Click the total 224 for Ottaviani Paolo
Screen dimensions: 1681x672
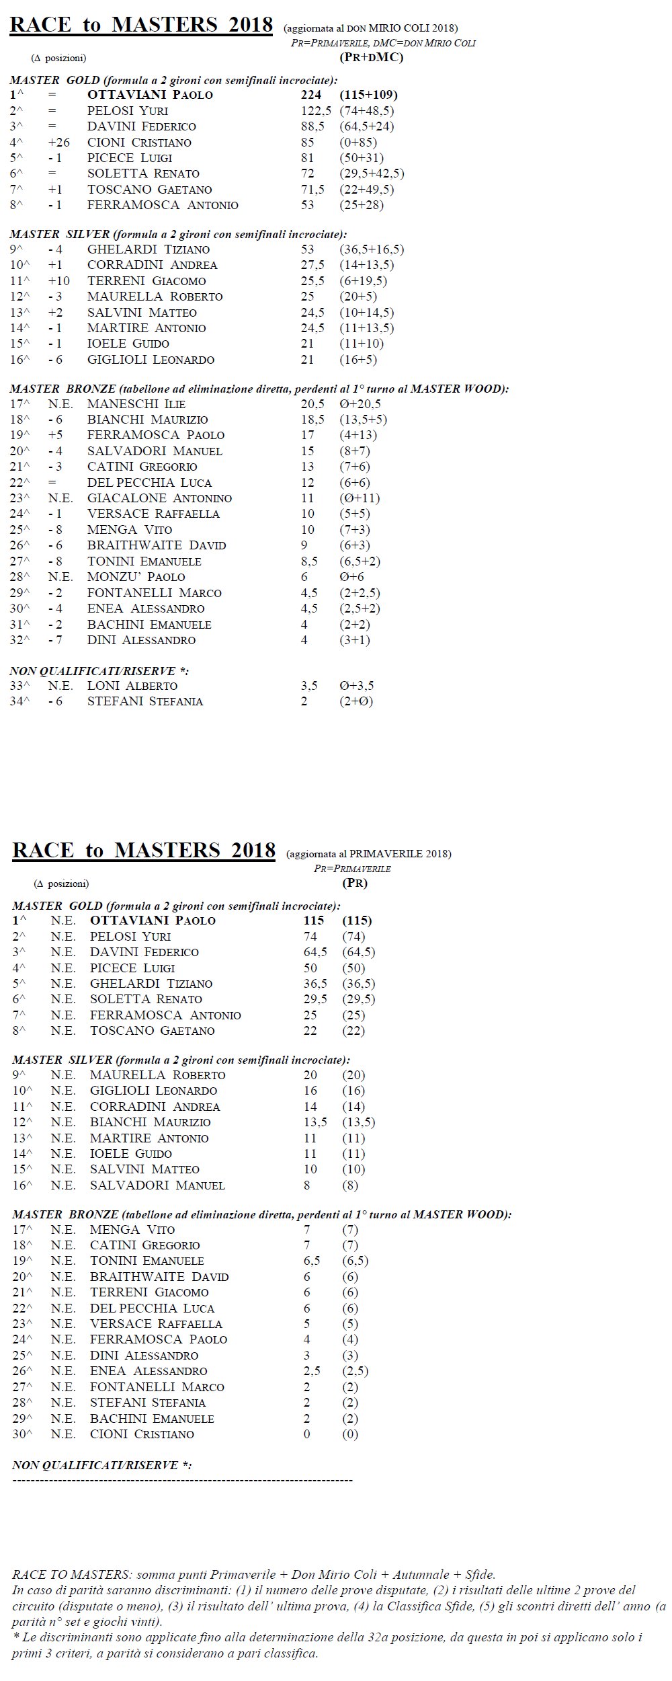310,95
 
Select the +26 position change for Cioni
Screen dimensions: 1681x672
58,143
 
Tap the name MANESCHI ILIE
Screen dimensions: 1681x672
136,404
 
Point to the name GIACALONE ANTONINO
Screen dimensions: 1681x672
159,498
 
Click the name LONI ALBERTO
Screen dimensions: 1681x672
132,686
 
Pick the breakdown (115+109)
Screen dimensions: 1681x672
368,95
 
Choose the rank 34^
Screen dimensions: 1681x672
20,701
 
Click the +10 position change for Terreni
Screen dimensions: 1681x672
58,281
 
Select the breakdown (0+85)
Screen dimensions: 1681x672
358,143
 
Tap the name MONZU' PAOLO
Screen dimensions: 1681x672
136,577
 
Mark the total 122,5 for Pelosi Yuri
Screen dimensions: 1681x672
312,111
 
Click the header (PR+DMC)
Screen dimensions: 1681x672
372,57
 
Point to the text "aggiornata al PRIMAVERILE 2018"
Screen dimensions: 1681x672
369,854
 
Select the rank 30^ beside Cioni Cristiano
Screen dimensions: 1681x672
22,1434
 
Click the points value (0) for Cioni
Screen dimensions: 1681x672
350,1434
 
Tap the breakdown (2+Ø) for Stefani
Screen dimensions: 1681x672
356,701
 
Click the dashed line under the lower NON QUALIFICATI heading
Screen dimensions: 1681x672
182,1481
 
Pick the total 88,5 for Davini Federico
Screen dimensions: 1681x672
312,126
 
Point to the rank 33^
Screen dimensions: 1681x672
20,686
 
